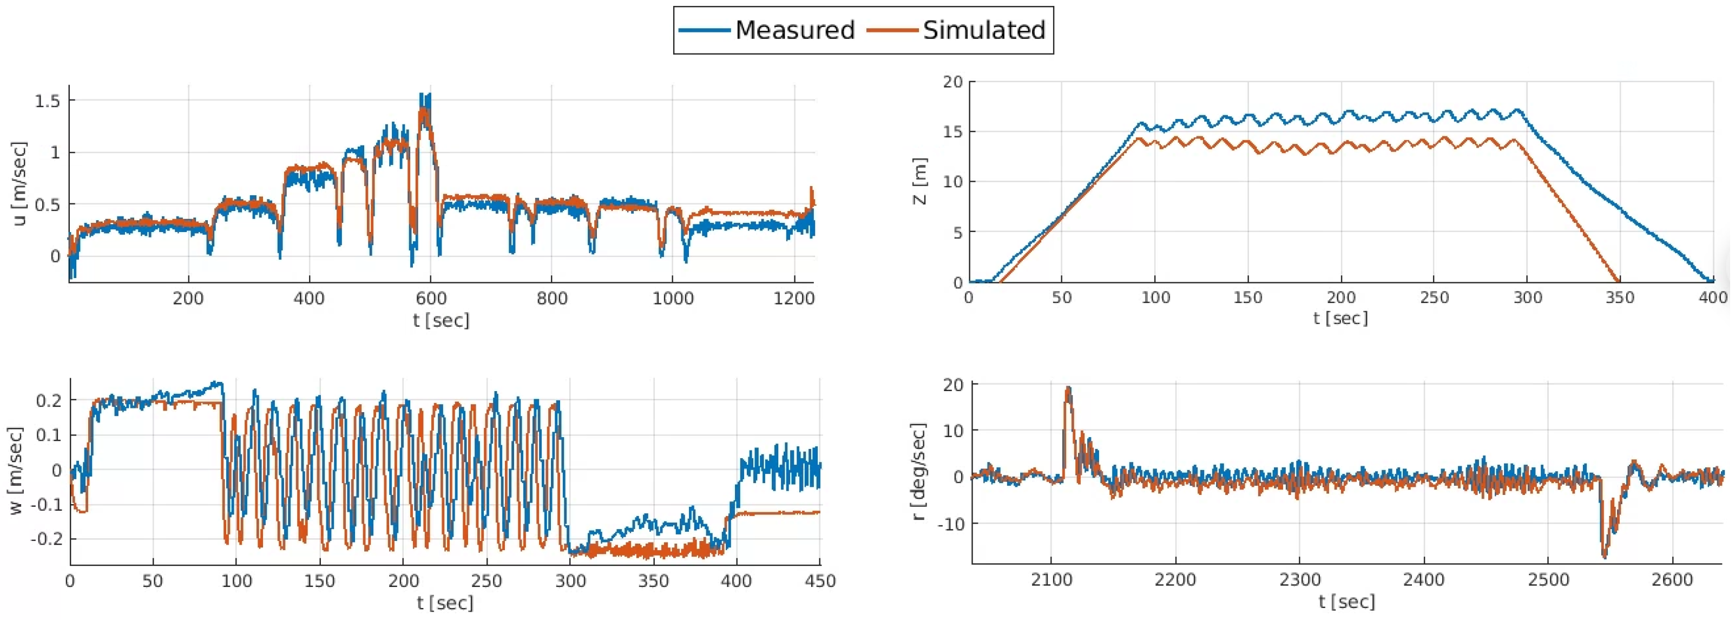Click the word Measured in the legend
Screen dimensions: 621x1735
795,30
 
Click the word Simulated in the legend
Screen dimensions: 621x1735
983,30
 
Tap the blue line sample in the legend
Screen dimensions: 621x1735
705,30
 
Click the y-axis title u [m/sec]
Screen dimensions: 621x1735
20,183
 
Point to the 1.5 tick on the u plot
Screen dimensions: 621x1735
47,101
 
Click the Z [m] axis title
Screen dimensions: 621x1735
920,181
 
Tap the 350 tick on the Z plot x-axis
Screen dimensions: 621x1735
1620,298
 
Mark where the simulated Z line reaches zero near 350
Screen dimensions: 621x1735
1619,281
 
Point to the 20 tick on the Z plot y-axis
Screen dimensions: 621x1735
953,82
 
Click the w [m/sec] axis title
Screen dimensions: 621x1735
16,470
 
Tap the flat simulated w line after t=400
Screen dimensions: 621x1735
781,513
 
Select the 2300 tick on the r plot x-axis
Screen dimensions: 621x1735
1300,580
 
